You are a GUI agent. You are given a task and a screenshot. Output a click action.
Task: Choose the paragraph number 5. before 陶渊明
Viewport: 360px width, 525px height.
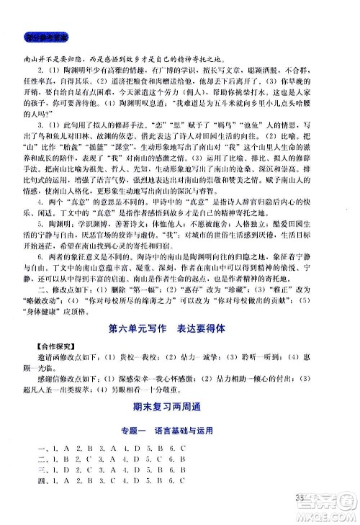42,245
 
